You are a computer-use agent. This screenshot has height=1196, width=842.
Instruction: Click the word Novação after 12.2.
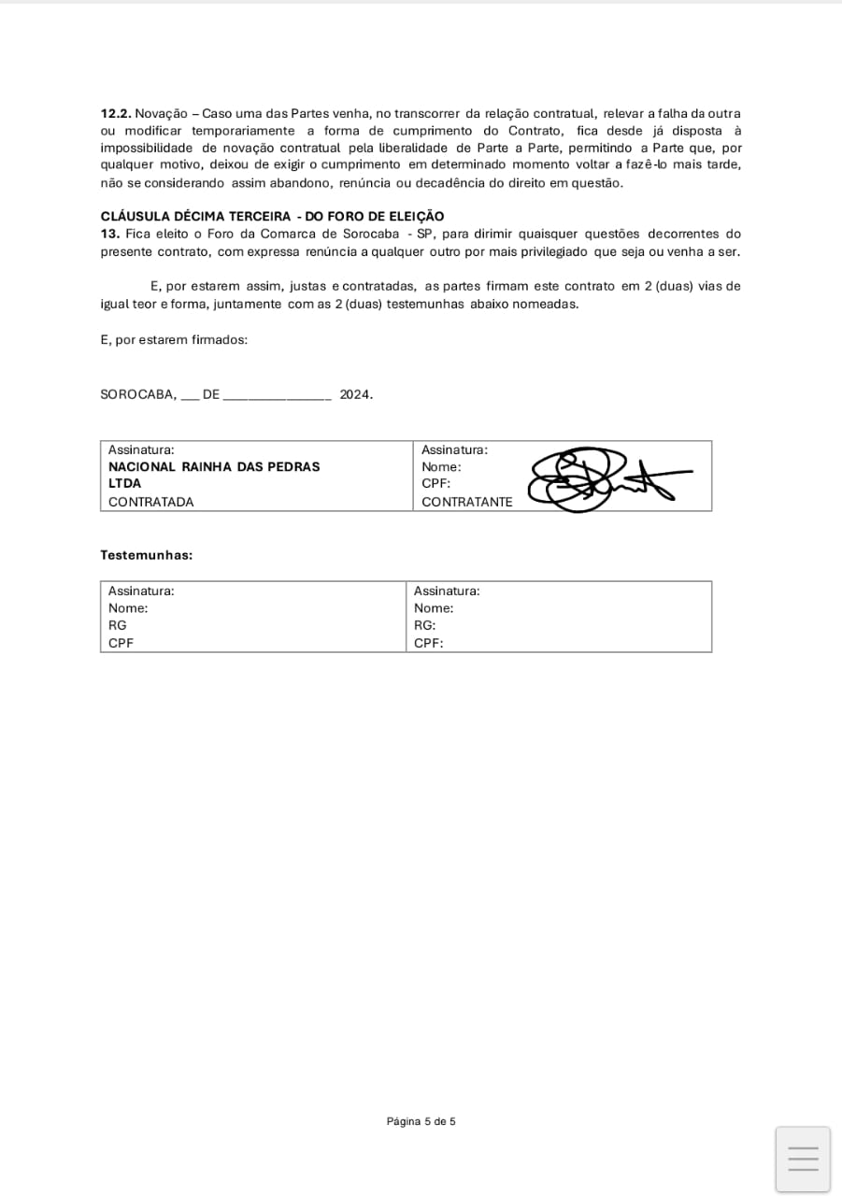coord(161,113)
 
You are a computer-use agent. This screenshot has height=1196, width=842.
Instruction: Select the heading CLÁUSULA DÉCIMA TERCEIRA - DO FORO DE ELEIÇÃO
coord(272,217)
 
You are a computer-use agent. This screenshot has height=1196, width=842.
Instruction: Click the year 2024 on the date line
coord(355,394)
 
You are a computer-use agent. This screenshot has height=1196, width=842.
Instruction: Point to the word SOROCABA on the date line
coord(138,394)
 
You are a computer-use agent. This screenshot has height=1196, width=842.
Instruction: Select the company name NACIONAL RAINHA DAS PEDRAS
coord(214,466)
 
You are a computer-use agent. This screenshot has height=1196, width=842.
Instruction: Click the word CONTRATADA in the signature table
coord(151,502)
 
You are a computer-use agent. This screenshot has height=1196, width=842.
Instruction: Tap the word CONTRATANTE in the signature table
coord(467,502)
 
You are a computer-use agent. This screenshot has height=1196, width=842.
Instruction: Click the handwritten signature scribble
coord(598,479)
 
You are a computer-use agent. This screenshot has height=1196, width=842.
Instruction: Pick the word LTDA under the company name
coord(125,484)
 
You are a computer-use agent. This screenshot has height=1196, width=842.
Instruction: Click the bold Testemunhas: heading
coord(147,555)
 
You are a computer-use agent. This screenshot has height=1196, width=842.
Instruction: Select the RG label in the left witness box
coord(118,625)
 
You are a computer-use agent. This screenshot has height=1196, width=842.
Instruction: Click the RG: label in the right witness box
coord(425,625)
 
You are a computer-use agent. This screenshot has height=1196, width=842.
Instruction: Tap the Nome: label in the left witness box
coord(128,608)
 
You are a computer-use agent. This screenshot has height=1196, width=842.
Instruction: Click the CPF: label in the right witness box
coord(428,643)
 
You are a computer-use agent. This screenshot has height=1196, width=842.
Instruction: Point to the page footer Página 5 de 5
coord(421,1121)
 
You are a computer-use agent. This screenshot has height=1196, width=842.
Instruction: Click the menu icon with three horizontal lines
coord(803,1159)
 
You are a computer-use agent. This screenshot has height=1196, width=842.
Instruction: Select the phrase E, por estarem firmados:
coord(174,340)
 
